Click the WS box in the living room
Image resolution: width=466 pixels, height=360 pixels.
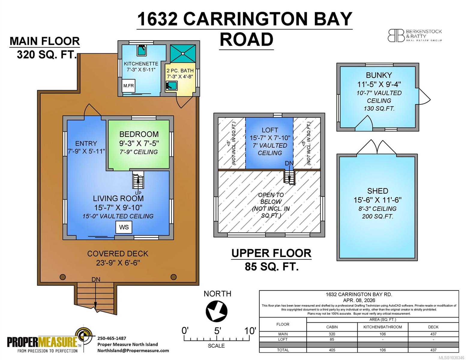pyautogui.click(x=124, y=227)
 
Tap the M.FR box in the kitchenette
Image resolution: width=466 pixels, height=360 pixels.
pyautogui.click(x=128, y=86)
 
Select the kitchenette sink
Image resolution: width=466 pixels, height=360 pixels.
pyautogui.click(x=142, y=50)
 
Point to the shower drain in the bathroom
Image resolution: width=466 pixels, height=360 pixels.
pyautogui.click(x=183, y=54)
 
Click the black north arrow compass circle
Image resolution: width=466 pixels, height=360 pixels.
pyautogui.click(x=216, y=311)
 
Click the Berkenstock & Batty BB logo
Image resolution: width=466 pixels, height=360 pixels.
pyautogui.click(x=396, y=36)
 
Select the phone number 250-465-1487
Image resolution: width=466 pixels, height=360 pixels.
pyautogui.click(x=112, y=338)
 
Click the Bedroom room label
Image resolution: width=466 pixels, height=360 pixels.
pyautogui.click(x=139, y=134)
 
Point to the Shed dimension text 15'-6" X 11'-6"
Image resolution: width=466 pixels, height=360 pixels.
pyautogui.click(x=377, y=200)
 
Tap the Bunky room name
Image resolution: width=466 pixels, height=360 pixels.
pyautogui.click(x=379, y=75)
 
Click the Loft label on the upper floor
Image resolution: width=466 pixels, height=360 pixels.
pyautogui.click(x=270, y=130)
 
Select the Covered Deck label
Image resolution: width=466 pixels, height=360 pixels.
pyautogui.click(x=118, y=254)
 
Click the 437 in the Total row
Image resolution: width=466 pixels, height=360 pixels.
pyautogui.click(x=433, y=350)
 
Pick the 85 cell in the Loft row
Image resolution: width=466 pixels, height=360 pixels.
pyautogui.click(x=332, y=339)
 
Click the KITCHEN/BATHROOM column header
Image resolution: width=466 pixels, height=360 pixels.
pyautogui.click(x=383, y=327)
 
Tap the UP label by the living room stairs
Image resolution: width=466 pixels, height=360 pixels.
pyautogui.click(x=138, y=193)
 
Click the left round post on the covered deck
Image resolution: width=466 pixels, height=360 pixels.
pyautogui.click(x=63, y=277)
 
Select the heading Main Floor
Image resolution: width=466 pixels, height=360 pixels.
pyautogui.click(x=45, y=41)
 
